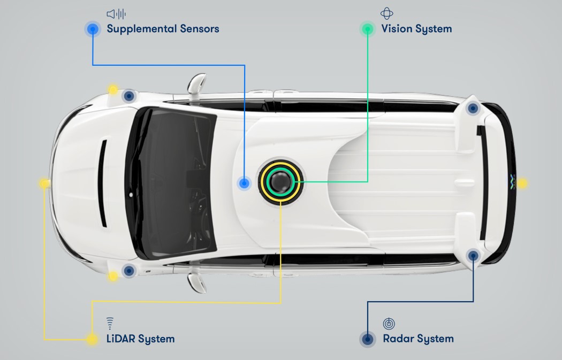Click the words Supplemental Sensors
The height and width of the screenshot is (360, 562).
click(163, 29)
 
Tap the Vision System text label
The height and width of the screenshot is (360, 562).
click(416, 29)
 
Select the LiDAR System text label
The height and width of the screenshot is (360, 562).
click(140, 339)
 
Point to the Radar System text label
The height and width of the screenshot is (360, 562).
click(418, 339)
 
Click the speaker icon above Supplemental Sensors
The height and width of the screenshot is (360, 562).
click(116, 14)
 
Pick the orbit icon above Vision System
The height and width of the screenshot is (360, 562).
click(386, 14)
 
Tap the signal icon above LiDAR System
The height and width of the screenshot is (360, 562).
click(110, 323)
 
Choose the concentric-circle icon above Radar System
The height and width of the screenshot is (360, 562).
click(389, 323)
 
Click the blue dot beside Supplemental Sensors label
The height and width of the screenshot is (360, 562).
click(93, 29)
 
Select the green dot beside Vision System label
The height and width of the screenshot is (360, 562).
click(368, 29)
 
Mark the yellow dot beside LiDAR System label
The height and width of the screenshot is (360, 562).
click(92, 339)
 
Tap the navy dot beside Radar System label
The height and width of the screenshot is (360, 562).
click(367, 339)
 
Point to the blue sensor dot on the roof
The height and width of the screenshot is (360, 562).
click(244, 183)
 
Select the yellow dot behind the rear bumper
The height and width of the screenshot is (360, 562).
click(522, 183)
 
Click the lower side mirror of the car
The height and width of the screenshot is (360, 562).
click(197, 282)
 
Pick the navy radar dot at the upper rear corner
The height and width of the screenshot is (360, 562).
click(472, 109)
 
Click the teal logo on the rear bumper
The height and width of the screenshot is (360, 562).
click(511, 182)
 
